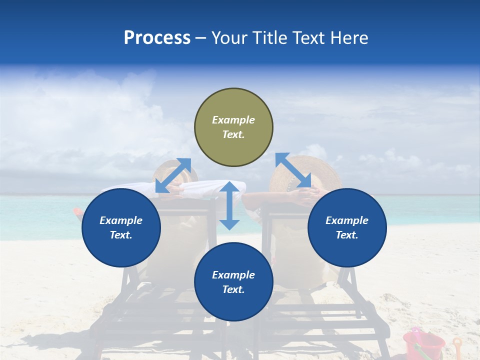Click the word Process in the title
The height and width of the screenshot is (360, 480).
157,38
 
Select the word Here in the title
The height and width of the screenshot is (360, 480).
348,38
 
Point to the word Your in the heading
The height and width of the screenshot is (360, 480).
229,38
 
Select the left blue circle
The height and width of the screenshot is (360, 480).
121,227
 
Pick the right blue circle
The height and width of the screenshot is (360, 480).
347,227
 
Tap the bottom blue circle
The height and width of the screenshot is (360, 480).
233,281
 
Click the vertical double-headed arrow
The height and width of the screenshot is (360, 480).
229,205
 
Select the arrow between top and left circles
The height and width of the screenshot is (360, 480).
173,175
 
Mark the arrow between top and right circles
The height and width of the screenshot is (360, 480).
293,170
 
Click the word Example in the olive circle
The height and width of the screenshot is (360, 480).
233,120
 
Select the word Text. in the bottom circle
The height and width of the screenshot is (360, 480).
233,289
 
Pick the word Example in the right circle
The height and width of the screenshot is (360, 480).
347,220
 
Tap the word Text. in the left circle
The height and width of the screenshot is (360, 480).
121,235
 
